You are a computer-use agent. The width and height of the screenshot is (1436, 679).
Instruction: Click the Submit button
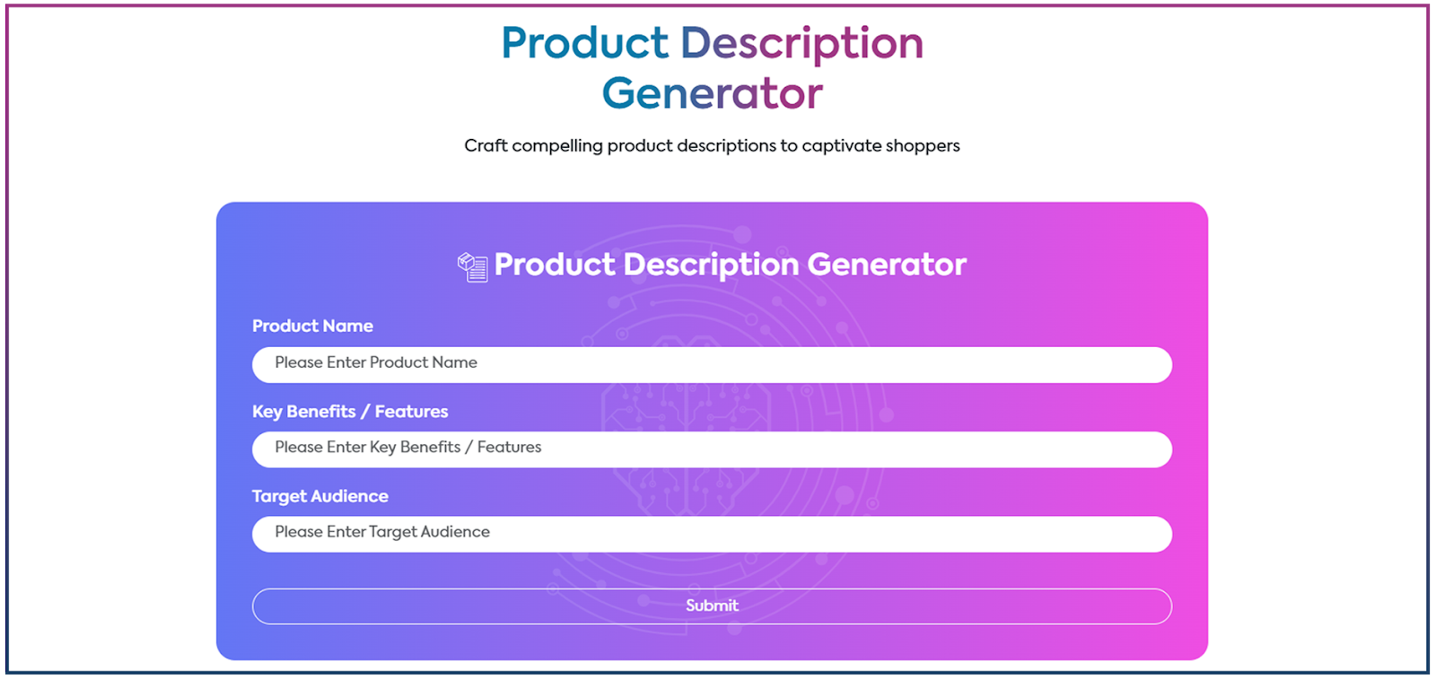click(712, 606)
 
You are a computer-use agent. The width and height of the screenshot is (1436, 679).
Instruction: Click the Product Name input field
click(712, 365)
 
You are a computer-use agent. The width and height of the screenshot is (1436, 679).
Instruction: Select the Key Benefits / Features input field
click(712, 449)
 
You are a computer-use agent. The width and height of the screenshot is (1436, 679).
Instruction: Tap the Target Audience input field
click(712, 535)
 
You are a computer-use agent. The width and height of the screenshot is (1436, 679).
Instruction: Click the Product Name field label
click(312, 326)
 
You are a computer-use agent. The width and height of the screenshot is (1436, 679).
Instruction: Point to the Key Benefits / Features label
click(350, 412)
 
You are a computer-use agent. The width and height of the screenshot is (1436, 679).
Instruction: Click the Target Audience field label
click(320, 496)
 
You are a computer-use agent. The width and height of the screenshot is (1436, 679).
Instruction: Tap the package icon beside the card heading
click(472, 267)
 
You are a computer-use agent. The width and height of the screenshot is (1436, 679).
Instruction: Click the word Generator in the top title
click(713, 93)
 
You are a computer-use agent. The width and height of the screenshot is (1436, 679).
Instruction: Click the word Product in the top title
click(584, 44)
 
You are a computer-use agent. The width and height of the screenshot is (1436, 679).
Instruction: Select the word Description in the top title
click(802, 45)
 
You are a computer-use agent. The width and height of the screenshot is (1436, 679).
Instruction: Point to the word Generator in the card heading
click(887, 265)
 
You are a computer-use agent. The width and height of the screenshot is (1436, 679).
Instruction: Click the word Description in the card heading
click(711, 266)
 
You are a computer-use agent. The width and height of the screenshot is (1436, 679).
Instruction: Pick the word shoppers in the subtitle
click(923, 147)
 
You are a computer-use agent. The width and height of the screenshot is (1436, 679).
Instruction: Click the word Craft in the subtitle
click(486, 145)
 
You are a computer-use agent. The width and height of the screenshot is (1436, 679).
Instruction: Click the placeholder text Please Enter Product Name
click(376, 362)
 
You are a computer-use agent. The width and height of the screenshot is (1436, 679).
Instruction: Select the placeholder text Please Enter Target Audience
click(382, 532)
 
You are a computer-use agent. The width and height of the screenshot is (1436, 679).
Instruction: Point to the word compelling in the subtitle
click(557, 147)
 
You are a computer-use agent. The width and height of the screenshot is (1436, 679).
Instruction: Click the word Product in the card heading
click(555, 265)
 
